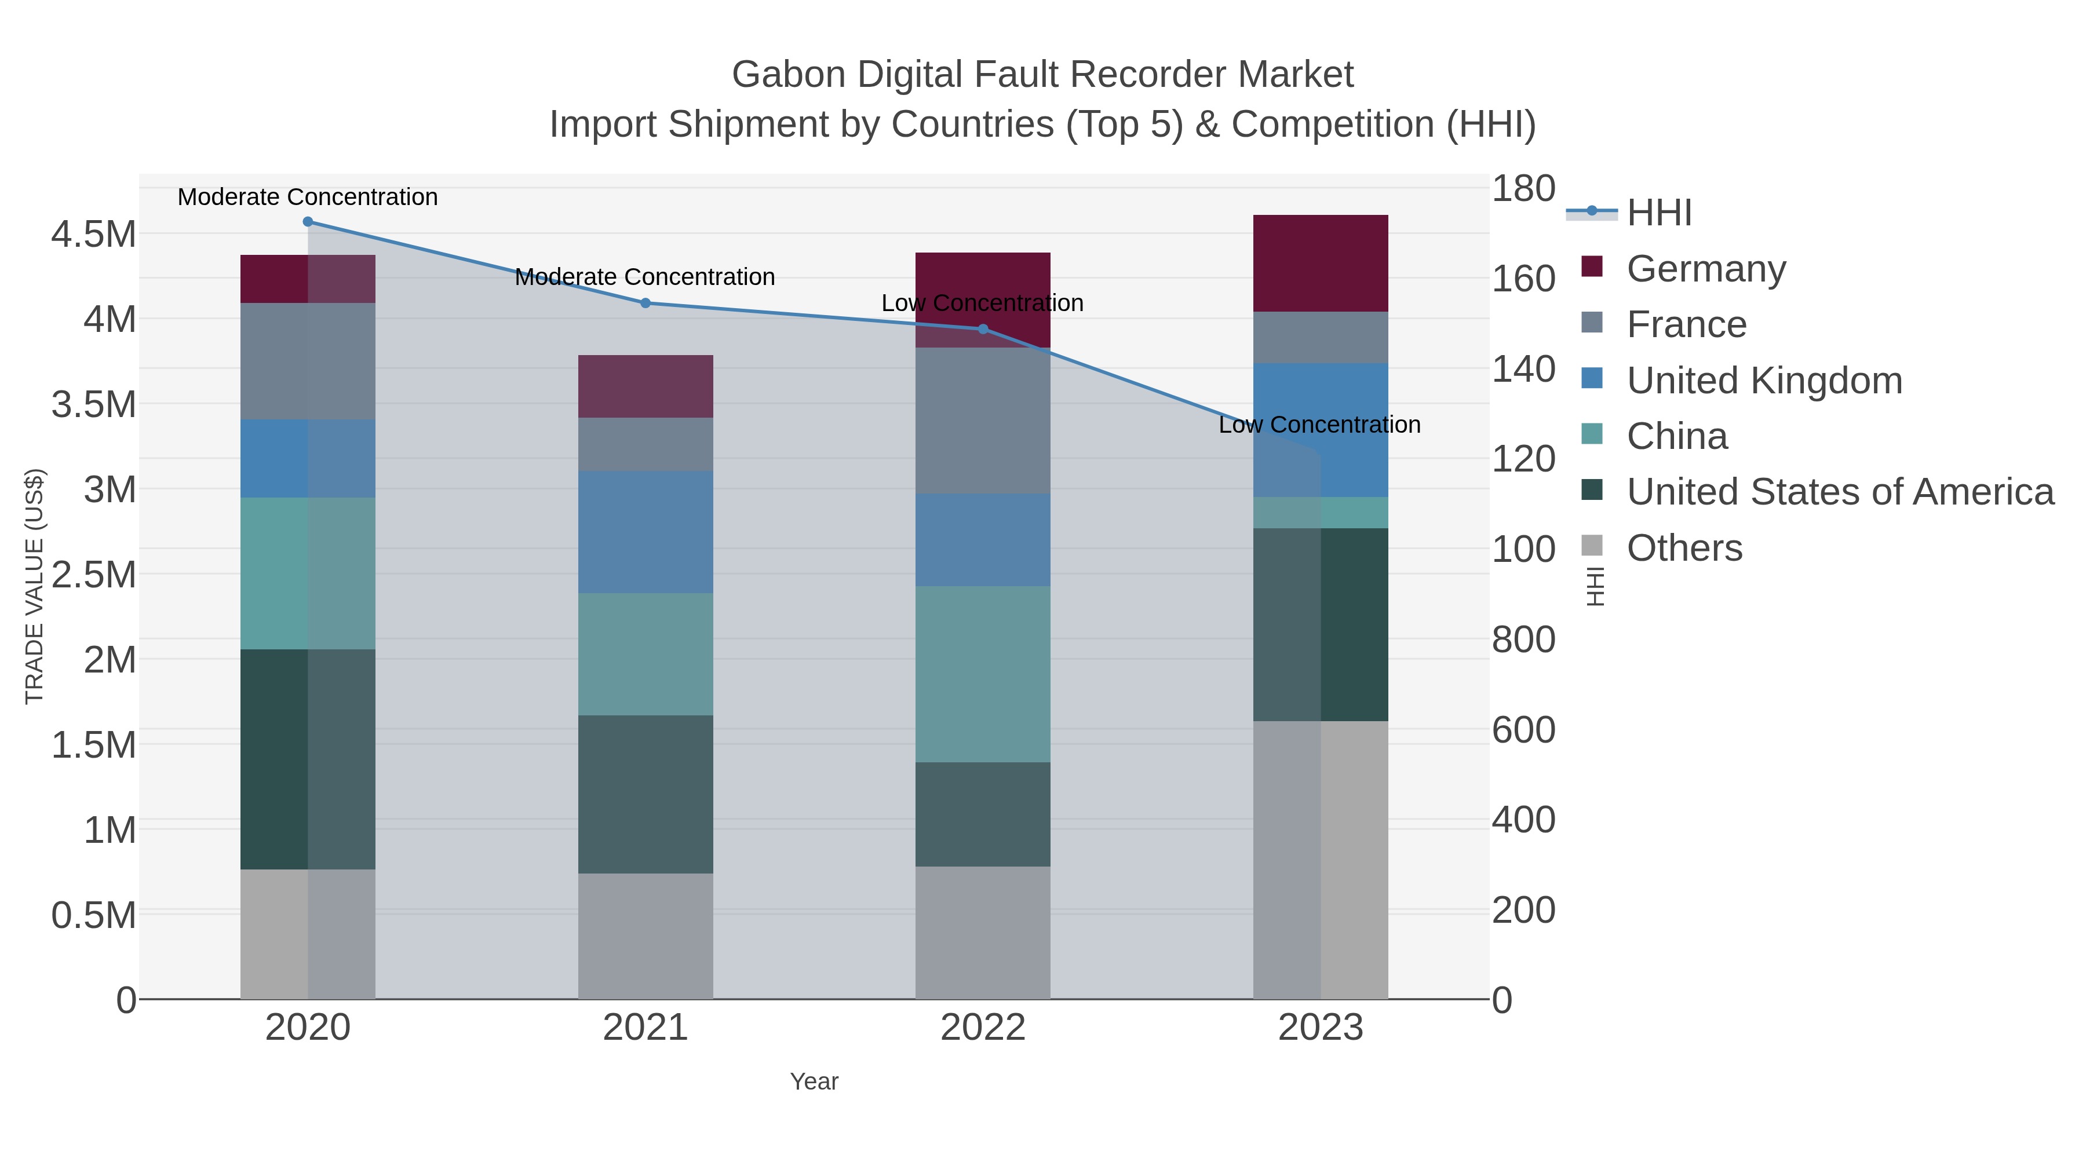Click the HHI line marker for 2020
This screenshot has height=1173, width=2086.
coord(308,222)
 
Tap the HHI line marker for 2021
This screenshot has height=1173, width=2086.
coord(646,304)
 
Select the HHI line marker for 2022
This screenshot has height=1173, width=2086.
coord(983,328)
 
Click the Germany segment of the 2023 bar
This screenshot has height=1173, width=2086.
coord(1321,263)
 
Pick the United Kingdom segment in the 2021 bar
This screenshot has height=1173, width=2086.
coord(646,532)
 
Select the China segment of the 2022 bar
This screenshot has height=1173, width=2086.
coord(983,674)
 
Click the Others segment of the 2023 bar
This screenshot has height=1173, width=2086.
coord(1321,860)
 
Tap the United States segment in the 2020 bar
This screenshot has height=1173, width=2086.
coord(308,759)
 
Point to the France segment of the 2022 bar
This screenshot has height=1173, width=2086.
coord(983,421)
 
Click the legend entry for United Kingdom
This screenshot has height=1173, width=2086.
coord(1764,381)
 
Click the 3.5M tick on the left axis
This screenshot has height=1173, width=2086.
coord(94,404)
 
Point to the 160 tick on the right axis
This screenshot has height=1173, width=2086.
coord(1523,279)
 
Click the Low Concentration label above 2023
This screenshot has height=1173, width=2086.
coord(1319,425)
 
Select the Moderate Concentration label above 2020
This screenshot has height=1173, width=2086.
coord(308,197)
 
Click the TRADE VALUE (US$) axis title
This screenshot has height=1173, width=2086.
coord(35,586)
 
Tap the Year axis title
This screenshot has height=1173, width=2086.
coord(814,1081)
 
